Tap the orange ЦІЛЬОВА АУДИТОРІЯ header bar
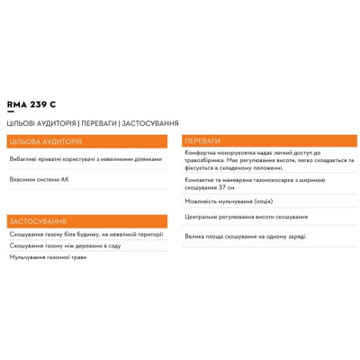point(86,141)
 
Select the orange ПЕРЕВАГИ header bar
point(268,140)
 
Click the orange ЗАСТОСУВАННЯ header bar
point(86,221)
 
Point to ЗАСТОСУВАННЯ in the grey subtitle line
point(149,123)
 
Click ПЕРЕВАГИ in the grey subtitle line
point(98,123)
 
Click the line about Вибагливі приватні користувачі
point(85,159)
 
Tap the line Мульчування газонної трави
point(49,257)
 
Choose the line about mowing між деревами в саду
point(65,246)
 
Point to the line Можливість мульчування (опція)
point(229,201)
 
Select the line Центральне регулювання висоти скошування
point(246,217)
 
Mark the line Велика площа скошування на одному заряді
point(245,236)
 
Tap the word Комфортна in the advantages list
point(202,152)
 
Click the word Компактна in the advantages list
point(202,180)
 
